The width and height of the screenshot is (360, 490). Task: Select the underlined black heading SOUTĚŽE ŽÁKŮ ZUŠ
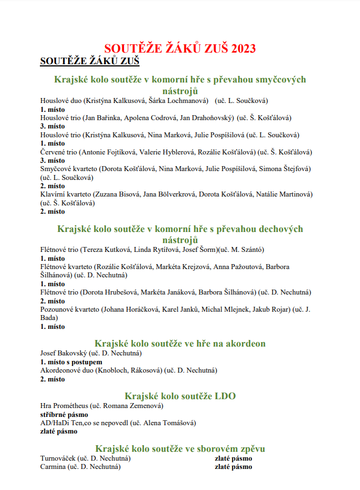tap(89, 61)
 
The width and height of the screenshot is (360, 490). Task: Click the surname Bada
tap(49, 318)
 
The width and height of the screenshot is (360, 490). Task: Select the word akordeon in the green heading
tap(242, 343)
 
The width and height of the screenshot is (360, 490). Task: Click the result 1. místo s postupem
tap(71, 362)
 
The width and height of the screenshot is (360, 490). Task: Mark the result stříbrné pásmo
tap(64, 414)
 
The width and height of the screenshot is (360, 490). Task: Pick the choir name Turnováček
tap(58, 458)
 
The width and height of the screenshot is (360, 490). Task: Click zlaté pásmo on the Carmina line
tap(233, 467)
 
